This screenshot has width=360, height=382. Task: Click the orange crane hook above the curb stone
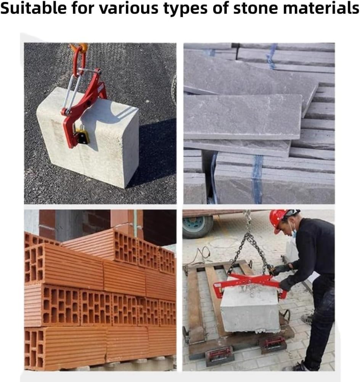click(x=81, y=47)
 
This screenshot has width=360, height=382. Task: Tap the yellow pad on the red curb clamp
click(x=82, y=136)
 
